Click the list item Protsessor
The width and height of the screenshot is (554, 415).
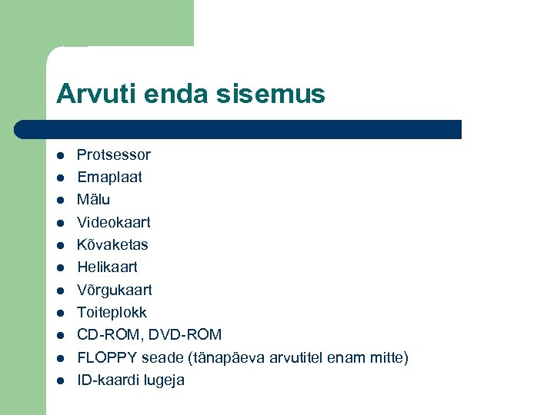[114, 154]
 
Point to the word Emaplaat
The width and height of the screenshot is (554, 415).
[109, 177]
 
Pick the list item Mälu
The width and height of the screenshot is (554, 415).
[93, 200]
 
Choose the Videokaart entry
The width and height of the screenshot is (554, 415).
[114, 222]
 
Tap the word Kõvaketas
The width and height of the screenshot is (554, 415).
[112, 244]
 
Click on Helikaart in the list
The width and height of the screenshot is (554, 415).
[107, 267]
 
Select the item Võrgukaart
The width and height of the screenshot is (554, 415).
[115, 290]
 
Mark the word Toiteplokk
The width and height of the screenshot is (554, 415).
[112, 313]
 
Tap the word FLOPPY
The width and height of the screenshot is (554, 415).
[106, 357]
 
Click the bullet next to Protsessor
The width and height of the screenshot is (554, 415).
[59, 155]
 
